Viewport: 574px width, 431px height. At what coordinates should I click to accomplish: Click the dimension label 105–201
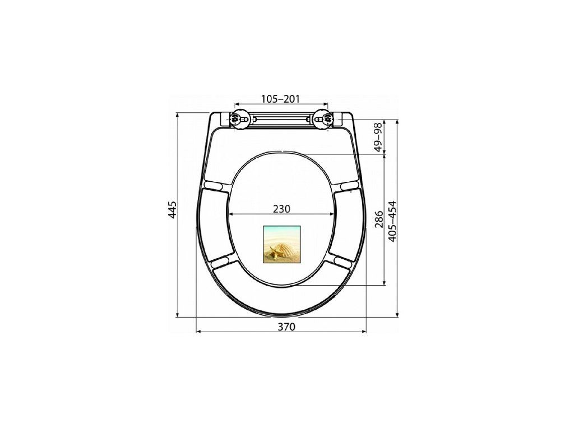point(280,99)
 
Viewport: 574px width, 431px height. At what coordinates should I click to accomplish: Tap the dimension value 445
point(173,210)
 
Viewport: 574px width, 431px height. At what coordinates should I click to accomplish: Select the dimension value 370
point(286,327)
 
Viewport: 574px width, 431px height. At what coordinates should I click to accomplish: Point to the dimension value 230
point(281,209)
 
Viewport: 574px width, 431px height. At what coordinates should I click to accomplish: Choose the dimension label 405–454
point(392,221)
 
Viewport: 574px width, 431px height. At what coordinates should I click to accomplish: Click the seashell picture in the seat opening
point(281,244)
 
